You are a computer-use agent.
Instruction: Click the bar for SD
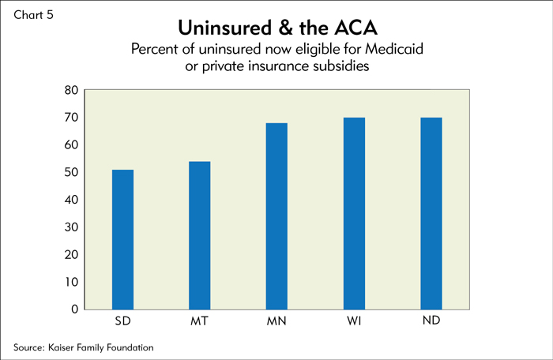pyautogui.click(x=122, y=240)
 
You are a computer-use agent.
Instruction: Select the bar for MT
pyautogui.click(x=200, y=235)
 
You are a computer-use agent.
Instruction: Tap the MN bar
pyautogui.click(x=276, y=216)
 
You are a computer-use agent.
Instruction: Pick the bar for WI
pyautogui.click(x=354, y=214)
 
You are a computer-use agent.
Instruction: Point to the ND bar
pyautogui.click(x=431, y=214)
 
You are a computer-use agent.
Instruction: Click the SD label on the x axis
pyautogui.click(x=122, y=321)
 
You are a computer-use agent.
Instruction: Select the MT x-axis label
pyautogui.click(x=200, y=321)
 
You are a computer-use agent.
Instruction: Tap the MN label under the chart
pyautogui.click(x=276, y=321)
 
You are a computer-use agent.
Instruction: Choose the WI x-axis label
pyautogui.click(x=354, y=321)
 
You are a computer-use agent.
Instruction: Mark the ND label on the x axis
pyautogui.click(x=431, y=321)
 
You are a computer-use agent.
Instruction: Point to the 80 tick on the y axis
pyautogui.click(x=71, y=90)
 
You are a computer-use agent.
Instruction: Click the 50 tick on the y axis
pyautogui.click(x=71, y=172)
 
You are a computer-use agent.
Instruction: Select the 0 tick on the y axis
pyautogui.click(x=74, y=309)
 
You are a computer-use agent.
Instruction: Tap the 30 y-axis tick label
pyautogui.click(x=71, y=227)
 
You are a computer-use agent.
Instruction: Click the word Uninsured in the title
pyautogui.click(x=225, y=28)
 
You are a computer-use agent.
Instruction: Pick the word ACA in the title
pyautogui.click(x=355, y=28)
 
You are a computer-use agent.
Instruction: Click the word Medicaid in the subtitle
pyautogui.click(x=394, y=49)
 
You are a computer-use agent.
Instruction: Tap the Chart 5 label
pyautogui.click(x=33, y=15)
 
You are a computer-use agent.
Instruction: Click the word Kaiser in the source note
pyautogui.click(x=61, y=347)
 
